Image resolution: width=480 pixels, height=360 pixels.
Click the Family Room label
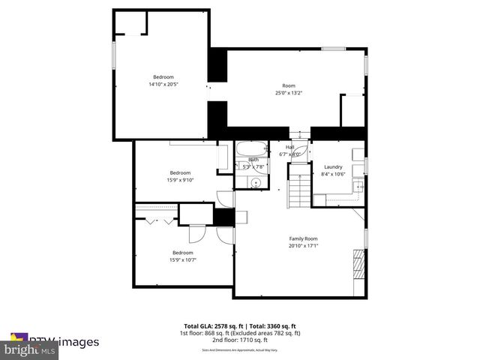pos(298,238)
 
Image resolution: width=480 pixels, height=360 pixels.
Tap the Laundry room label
pos(333,166)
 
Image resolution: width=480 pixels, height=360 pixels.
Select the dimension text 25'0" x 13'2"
pos(288,93)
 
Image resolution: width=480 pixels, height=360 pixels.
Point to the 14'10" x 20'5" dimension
pos(163,84)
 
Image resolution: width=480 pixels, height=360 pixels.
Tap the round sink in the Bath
pos(256,181)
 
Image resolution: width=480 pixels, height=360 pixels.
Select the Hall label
pos(289,147)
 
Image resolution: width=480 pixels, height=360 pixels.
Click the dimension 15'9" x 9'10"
pos(179,180)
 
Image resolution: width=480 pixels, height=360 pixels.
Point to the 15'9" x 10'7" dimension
pos(183,260)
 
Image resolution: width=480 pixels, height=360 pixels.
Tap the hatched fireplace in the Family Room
pos(358,264)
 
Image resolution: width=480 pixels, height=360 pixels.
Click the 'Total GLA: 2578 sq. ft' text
pos(211,326)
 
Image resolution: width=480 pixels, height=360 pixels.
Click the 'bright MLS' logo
pos(30,349)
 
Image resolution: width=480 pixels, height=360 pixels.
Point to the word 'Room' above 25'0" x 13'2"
pos(288,85)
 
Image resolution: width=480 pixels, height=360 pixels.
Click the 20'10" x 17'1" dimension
pos(298,246)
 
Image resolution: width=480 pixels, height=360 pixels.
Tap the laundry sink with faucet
pos(359,187)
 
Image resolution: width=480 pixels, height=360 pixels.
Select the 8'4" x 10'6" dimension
pos(333,174)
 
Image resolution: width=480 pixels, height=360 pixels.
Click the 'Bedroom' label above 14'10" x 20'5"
pos(163,76)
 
